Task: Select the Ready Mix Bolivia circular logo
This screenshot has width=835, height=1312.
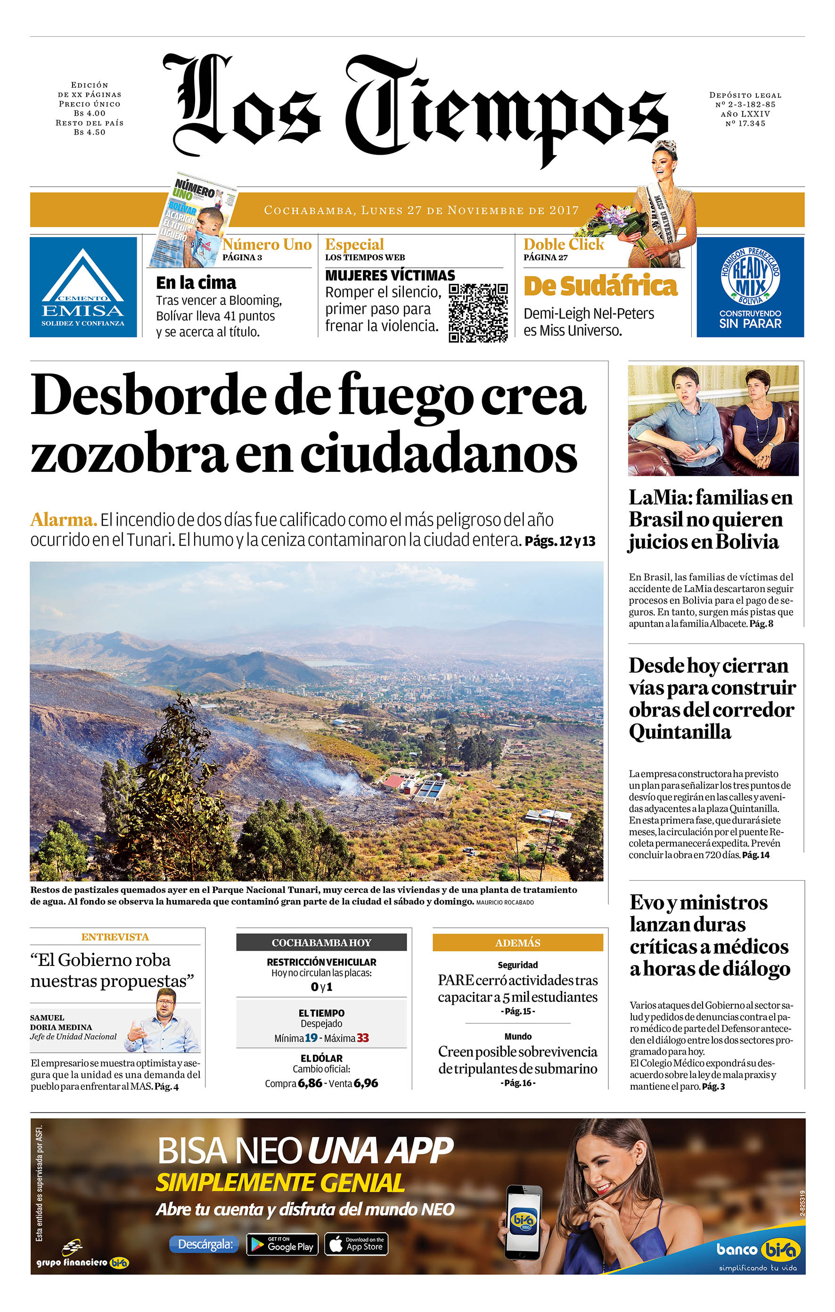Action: pos(750,277)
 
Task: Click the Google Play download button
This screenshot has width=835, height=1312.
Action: pos(282,1245)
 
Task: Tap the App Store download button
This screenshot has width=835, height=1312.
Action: pos(356,1245)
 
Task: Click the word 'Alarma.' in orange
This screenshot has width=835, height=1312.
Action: pos(64,520)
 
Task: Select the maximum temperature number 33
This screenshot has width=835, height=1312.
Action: pos(363,1038)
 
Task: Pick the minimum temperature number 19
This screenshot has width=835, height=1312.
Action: pos(311,1038)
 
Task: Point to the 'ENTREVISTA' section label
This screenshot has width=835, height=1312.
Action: pos(115,937)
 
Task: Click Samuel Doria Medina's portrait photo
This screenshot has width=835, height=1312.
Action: pos(163,1022)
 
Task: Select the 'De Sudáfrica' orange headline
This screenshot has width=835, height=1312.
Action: pos(600,287)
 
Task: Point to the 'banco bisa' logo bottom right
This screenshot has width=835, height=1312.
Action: pos(758,1249)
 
